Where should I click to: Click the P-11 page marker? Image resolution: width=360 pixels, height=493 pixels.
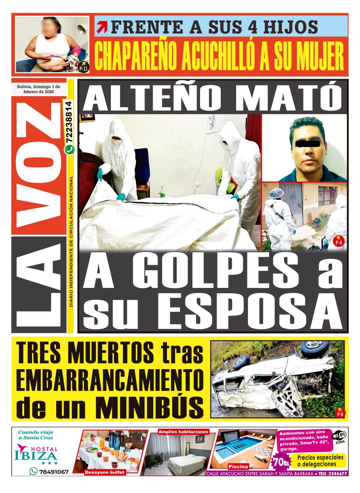[83, 68]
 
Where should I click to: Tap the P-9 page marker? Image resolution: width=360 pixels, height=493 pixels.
[339, 242]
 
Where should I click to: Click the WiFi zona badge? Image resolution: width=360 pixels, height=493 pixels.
[339, 437]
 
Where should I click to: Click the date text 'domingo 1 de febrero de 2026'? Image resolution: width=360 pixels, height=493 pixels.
[36, 89]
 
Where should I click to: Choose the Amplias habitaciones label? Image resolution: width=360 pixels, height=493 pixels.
[183, 432]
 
